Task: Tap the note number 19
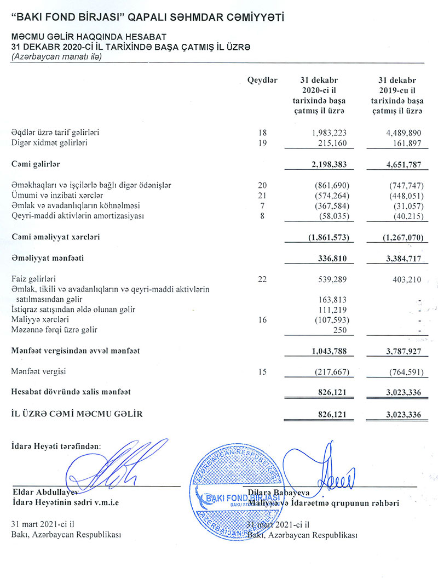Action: (262, 143)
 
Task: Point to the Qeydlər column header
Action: (262, 80)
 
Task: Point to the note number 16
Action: (262, 319)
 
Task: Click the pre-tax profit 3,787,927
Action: (401, 351)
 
